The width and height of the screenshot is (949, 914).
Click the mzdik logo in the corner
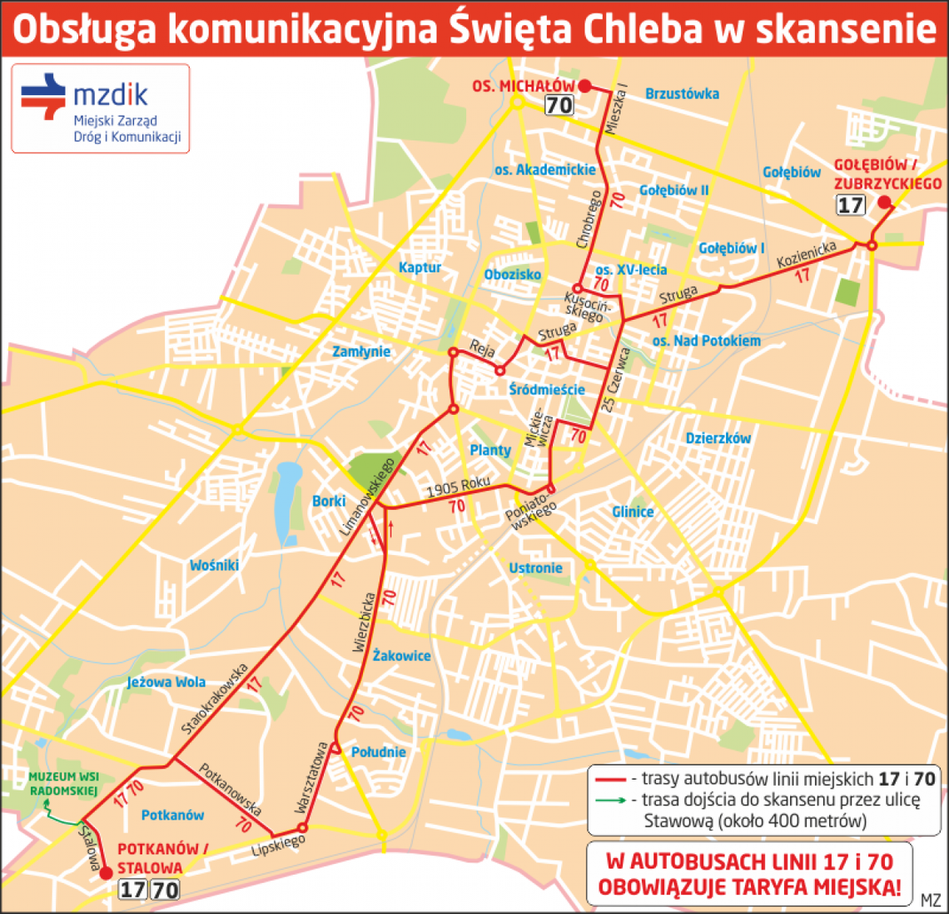pyautogui.click(x=100, y=108)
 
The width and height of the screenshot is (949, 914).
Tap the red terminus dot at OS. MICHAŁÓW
pyautogui.click(x=584, y=86)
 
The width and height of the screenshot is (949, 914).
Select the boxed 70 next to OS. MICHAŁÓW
pyautogui.click(x=559, y=105)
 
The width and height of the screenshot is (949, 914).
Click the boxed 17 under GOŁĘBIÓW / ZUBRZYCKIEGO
pyautogui.click(x=850, y=204)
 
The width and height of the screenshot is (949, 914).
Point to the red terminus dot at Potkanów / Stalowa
pyautogui.click(x=106, y=873)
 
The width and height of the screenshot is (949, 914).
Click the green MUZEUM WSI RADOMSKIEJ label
pyautogui.click(x=64, y=783)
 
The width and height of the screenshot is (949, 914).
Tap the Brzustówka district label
pyautogui.click(x=682, y=94)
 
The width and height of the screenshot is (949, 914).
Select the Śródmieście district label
pyautogui.click(x=547, y=389)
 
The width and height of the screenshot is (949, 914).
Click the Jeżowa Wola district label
pyautogui.click(x=166, y=682)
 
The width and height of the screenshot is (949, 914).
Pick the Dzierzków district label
pyautogui.click(x=718, y=438)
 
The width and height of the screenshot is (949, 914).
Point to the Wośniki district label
pyautogui.click(x=214, y=566)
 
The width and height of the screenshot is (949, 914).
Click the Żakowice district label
pyautogui.click(x=401, y=656)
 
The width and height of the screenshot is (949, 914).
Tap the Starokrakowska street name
pyautogui.click(x=215, y=698)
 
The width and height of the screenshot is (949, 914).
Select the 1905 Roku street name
pyautogui.click(x=458, y=487)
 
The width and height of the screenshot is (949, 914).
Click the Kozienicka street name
pyautogui.click(x=806, y=255)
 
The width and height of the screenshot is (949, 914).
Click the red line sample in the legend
pyautogui.click(x=610, y=780)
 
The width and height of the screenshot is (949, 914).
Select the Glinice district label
pyautogui.click(x=633, y=512)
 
